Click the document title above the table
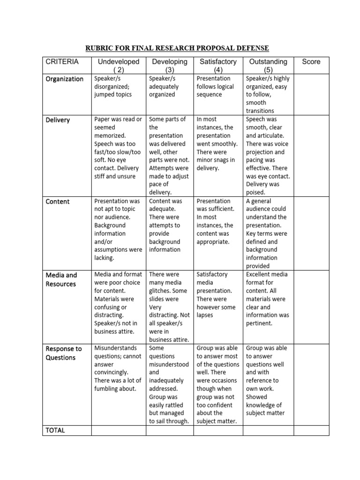point(177,48)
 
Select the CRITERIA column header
point(62,62)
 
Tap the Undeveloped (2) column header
point(118,66)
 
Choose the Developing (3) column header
point(170,66)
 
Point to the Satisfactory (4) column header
point(218,66)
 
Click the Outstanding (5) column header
point(268,66)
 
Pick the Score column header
point(311,62)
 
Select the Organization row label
point(65,79)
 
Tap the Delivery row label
point(58,120)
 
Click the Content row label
point(58,202)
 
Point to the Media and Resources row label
point(61,279)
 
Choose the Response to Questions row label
point(64,353)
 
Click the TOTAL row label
point(55,430)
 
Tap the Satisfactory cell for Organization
point(218,86)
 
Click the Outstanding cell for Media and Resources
point(268,299)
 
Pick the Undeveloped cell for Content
point(118,229)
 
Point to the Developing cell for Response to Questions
point(170,384)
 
